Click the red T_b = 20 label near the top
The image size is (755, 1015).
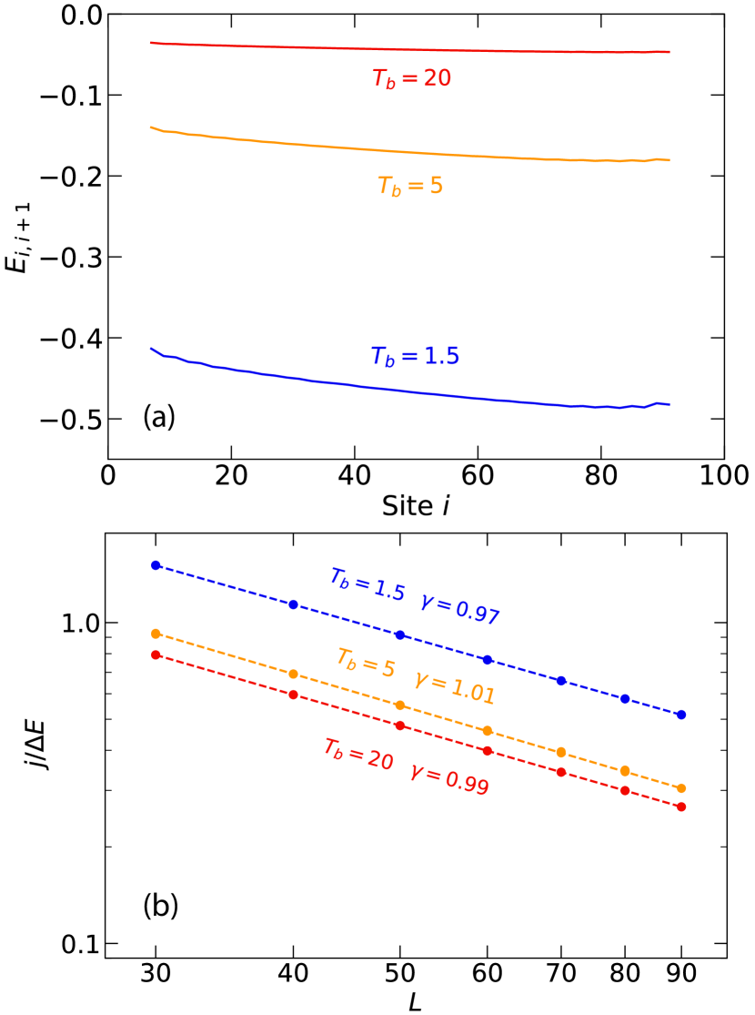411,79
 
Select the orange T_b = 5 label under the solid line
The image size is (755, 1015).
410,187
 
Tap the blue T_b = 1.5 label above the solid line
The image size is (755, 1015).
415,356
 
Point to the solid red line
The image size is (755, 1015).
409,48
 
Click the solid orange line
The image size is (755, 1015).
409,152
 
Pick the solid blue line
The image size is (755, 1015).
409,391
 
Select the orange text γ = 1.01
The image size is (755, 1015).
454,688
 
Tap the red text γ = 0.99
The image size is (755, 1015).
449,778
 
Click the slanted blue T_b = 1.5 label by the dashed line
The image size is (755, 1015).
367,584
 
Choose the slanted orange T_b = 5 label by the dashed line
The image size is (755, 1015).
366,662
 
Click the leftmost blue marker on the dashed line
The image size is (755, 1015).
156,565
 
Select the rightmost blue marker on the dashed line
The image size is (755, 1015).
681,715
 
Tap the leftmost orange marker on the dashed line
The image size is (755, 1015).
156,634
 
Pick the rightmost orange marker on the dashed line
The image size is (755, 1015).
681,788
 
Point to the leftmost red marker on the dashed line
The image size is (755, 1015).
156,655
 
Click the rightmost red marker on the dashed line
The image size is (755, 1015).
681,807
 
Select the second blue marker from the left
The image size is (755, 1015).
293,604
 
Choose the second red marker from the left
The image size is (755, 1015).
293,695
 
